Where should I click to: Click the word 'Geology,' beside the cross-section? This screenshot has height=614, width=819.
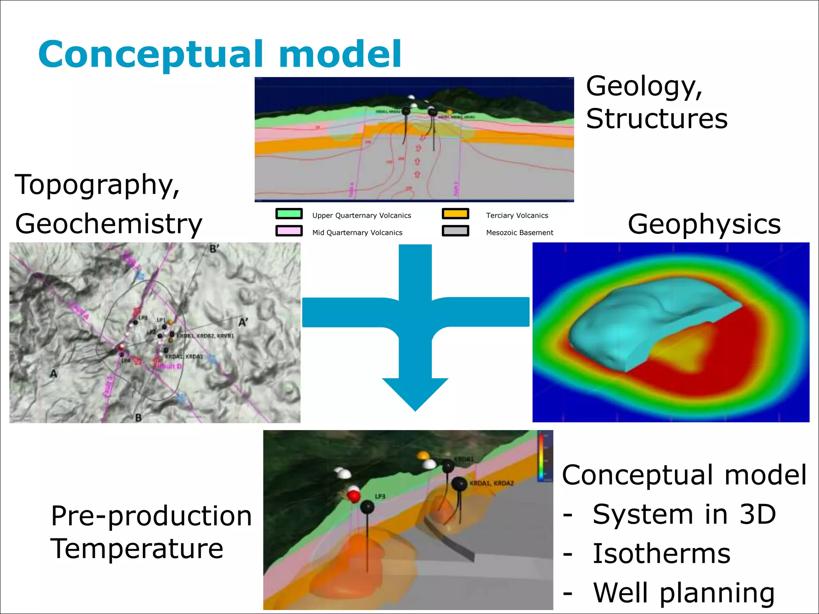tap(644, 87)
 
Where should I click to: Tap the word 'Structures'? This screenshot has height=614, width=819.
tap(657, 119)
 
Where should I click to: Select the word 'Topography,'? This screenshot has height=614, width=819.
tap(97, 185)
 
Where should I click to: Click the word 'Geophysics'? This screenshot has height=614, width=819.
tap(704, 223)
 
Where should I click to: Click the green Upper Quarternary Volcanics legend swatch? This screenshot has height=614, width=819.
tap(289, 214)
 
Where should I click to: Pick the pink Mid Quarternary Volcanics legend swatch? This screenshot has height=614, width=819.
tap(289, 231)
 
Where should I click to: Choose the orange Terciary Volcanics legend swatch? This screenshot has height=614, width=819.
tap(455, 214)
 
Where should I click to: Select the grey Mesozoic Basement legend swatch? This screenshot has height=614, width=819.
tap(455, 231)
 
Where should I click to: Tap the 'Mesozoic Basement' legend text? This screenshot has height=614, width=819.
tap(519, 233)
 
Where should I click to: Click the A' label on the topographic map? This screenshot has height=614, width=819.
tap(243, 322)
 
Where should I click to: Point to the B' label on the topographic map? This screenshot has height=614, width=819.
tap(214, 249)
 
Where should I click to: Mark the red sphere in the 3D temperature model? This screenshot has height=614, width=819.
tap(354, 496)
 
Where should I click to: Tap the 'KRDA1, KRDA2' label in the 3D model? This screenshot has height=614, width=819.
tap(491, 483)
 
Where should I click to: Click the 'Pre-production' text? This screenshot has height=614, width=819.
tap(151, 516)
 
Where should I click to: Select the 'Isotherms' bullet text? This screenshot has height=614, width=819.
tap(661, 554)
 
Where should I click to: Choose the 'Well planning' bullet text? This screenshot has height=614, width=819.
tap(684, 592)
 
